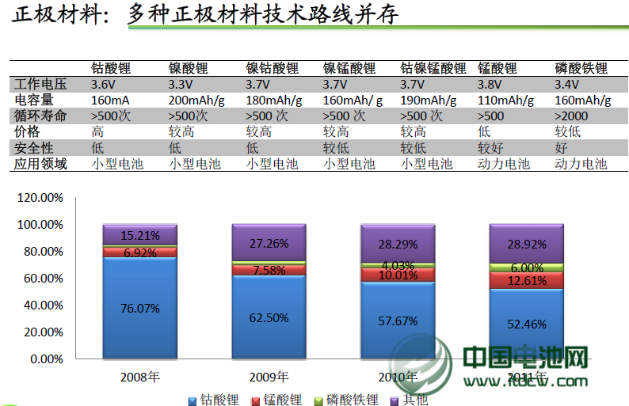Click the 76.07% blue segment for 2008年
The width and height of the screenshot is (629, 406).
pos(139,309)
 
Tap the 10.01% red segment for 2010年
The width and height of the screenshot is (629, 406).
pos(398,275)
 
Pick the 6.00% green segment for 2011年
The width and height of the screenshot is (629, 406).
pos(527,268)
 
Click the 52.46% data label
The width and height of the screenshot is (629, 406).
pos(527,323)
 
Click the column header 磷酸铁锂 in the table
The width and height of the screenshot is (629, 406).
pos(581,68)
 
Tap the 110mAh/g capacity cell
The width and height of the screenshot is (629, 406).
pos(505,100)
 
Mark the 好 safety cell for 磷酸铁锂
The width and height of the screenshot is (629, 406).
pos(562,148)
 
